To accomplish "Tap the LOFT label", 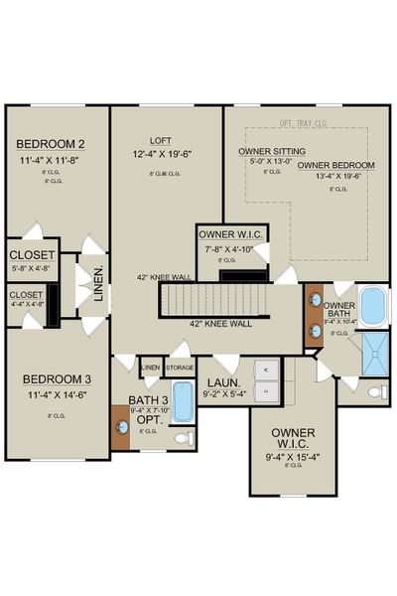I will [x=162, y=141].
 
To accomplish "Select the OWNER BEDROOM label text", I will [x=335, y=165].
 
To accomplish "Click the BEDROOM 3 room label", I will [x=57, y=379].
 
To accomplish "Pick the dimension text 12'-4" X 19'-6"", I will [x=165, y=154].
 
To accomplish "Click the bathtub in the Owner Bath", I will [x=374, y=307].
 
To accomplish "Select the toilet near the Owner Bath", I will [x=376, y=392].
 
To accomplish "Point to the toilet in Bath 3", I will [x=183, y=437].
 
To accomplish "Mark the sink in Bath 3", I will [x=123, y=427].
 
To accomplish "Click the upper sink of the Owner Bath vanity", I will [x=315, y=300].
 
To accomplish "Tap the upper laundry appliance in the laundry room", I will [x=265, y=371].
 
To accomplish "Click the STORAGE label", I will [x=180, y=368].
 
